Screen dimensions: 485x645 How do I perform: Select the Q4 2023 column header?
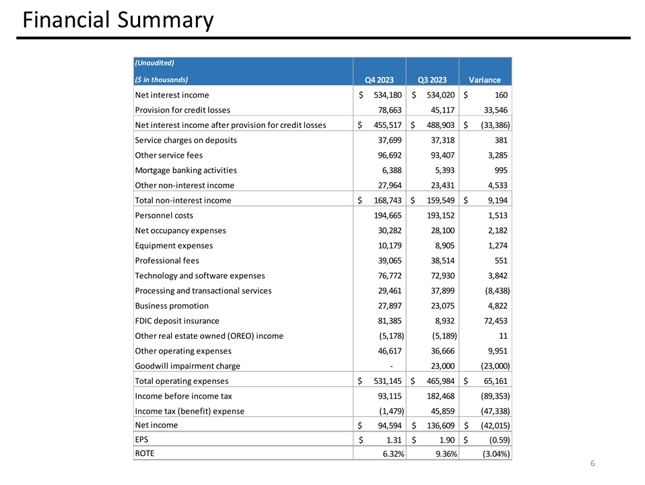[380, 79]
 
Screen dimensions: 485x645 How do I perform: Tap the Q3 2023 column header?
[432, 79]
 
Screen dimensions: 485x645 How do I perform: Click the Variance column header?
[485, 79]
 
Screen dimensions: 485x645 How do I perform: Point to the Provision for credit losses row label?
[182, 110]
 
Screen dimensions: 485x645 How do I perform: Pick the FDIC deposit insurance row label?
[177, 321]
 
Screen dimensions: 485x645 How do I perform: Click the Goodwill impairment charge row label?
[188, 366]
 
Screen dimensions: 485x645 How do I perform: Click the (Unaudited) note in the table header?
[155, 63]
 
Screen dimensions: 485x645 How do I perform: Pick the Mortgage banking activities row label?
[186, 170]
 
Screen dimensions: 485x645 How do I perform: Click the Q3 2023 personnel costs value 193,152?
[440, 216]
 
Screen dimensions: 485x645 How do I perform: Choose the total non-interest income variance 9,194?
[494, 200]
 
